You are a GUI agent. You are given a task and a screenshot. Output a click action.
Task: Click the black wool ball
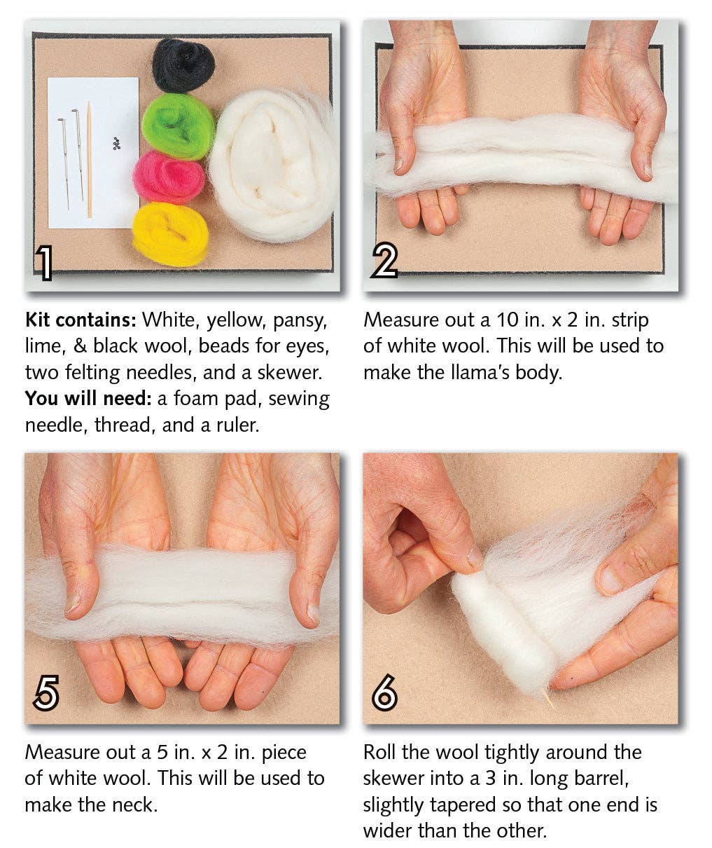coord(183,65)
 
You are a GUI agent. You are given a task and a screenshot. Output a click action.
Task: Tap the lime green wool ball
coord(178,126)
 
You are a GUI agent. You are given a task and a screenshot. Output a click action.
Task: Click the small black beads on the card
coord(116,144)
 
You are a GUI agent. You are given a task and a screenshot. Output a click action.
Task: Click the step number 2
coord(384,262)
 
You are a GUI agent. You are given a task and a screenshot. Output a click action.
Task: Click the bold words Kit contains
coord(80,320)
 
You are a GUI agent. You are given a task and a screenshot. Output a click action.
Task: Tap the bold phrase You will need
coord(88,399)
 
